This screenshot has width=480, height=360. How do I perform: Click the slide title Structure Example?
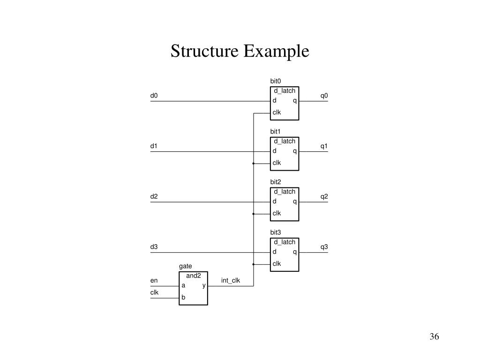point(240,51)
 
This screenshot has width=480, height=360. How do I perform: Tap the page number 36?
point(433,337)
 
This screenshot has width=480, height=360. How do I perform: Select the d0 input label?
point(154,96)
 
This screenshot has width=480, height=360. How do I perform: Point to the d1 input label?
point(154,146)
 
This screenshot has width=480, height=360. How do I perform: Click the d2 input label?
point(154,196)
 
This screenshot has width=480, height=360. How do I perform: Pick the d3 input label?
point(154,247)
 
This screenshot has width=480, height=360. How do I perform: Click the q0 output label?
point(324,96)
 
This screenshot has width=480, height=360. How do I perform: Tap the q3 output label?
point(324,247)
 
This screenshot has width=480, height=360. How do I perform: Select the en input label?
point(154,281)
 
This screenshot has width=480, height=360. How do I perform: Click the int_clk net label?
point(231,281)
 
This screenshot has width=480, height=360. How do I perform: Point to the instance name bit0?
point(275,81)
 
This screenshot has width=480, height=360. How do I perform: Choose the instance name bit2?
point(275,182)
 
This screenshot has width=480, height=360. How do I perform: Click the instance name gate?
point(185,266)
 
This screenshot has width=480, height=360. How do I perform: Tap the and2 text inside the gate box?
point(193,276)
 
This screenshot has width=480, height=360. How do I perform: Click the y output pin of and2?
point(204,285)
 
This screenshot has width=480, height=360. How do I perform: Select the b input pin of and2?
point(183,297)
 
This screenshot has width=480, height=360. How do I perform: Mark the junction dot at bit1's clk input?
point(253,164)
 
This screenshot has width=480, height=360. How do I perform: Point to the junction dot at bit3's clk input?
point(253,264)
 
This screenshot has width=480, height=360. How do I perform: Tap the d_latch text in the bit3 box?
point(285,242)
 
